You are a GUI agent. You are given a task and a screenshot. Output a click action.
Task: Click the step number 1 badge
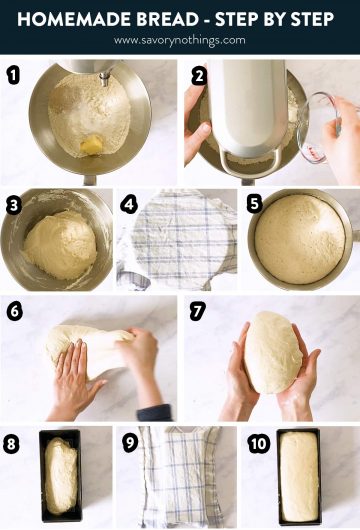coord(13,75)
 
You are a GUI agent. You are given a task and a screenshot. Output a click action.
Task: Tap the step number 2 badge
coord(198,75)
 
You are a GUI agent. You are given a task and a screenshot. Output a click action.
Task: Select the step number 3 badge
coord(13,205)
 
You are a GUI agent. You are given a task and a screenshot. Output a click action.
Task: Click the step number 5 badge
coord(254,205)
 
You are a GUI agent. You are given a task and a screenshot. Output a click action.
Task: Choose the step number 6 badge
coord(13,311)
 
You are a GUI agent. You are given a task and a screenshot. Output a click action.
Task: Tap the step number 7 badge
coord(198,311)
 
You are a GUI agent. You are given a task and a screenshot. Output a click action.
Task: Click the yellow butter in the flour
coord(92,146)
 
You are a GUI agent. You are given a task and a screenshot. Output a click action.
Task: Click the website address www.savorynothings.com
coord(179,40)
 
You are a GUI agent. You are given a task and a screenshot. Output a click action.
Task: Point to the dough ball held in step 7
coord(271,352)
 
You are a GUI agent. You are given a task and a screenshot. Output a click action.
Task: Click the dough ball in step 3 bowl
coord(60,243)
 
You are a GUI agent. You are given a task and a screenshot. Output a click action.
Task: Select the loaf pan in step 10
coord(299,476)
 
